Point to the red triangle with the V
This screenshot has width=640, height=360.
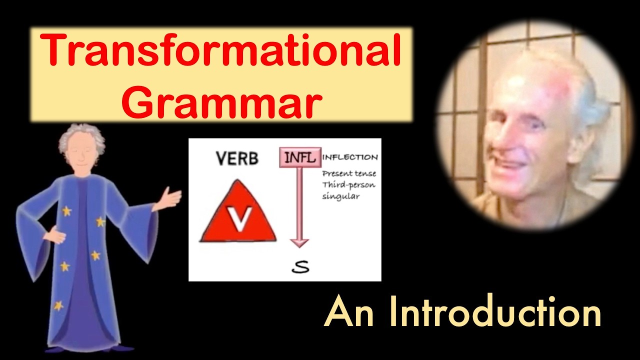238,215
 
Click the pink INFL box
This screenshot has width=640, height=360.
299,158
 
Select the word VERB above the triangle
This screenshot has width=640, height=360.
237,159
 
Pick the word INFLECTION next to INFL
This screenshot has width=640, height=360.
350,157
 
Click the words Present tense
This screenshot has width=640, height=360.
349,174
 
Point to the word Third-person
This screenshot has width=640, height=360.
348,185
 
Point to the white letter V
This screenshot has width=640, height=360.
239,219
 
